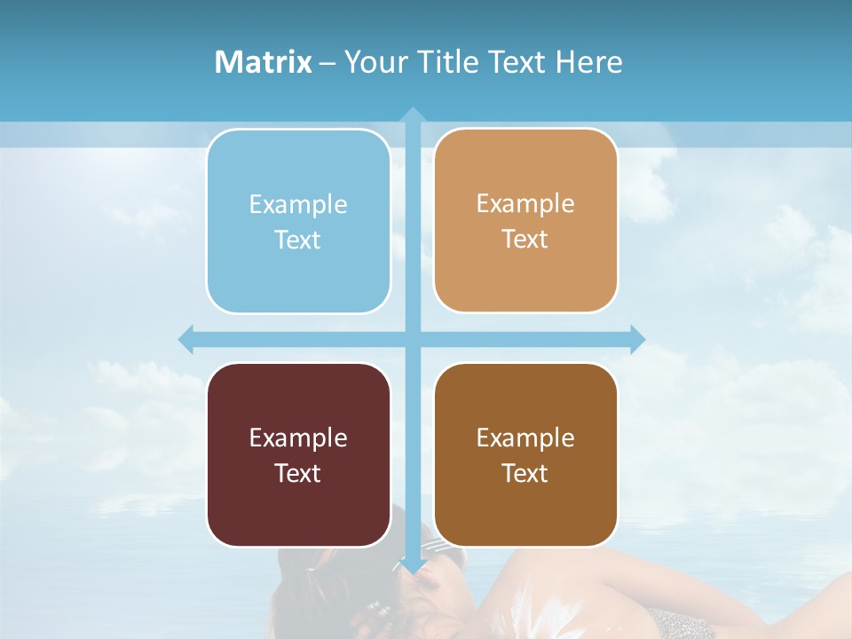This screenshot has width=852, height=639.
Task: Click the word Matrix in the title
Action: [263, 62]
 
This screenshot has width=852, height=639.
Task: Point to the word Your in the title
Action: [376, 62]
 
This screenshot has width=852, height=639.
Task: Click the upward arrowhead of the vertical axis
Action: [413, 115]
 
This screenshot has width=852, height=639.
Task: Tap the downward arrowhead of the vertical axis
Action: [413, 565]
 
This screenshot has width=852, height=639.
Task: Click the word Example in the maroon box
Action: [298, 438]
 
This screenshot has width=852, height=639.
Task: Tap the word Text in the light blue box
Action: [298, 240]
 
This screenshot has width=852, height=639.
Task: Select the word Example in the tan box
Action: [525, 203]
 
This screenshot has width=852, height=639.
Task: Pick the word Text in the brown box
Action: [525, 473]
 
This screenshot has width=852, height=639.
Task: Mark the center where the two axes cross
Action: [413, 339]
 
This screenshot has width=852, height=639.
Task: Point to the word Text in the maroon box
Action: [298, 473]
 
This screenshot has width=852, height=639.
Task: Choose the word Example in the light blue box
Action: [298, 204]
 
